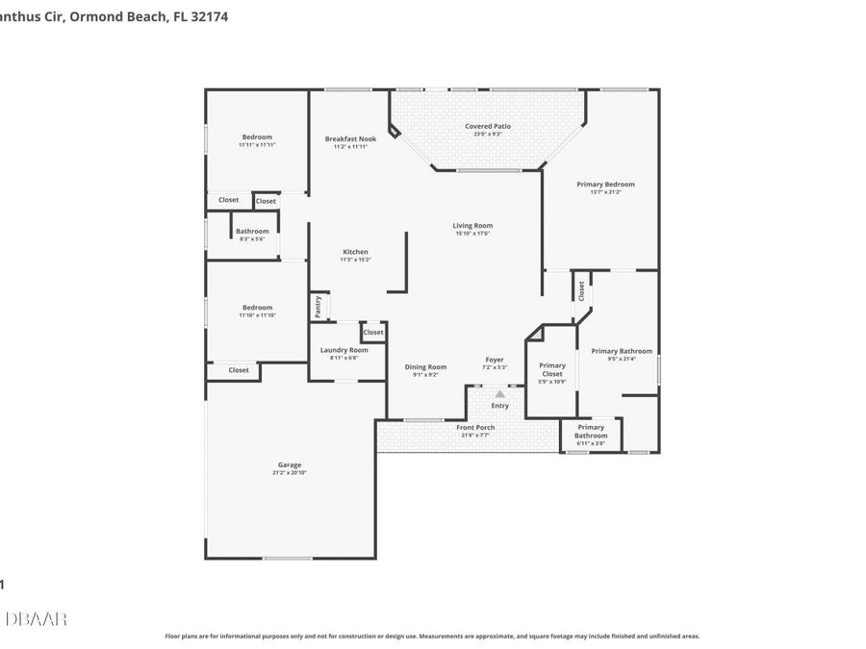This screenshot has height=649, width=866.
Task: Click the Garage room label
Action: [x=290, y=464]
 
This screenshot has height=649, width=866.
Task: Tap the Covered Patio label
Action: [x=488, y=126]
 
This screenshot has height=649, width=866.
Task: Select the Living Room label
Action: [x=472, y=226]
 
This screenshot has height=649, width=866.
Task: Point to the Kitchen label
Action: [x=355, y=252]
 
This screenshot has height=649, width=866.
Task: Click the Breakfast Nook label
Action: [x=350, y=138]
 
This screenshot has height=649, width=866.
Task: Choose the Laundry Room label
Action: [x=344, y=350]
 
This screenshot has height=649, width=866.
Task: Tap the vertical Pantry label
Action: [x=318, y=307]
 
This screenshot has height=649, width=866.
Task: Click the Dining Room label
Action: [x=425, y=366]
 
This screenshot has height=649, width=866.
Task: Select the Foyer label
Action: [x=494, y=360]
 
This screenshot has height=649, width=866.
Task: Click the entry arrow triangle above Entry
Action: [x=499, y=393]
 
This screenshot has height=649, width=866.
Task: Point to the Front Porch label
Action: [x=475, y=427]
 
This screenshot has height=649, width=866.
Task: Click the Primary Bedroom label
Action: [x=605, y=184]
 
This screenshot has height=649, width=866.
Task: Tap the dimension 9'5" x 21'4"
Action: [x=622, y=360]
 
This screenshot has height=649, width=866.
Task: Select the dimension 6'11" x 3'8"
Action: [x=591, y=443]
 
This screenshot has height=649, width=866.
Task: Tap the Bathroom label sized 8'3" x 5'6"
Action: [x=252, y=231]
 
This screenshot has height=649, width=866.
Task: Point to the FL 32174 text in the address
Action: [x=202, y=16]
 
